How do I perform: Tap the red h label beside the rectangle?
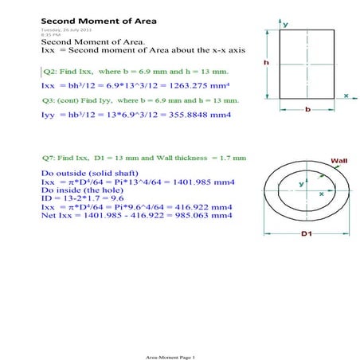point(268,62)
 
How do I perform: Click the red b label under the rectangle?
point(307,110)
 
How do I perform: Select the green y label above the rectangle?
point(285,24)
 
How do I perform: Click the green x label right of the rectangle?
point(346,95)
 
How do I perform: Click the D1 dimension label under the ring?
point(306,233)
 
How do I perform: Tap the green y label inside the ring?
point(301,184)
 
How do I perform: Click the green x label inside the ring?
point(320,194)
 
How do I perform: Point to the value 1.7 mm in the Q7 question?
point(233,157)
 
